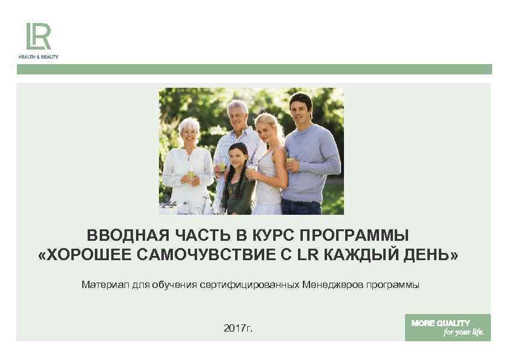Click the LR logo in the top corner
(37, 36)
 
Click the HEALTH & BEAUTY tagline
(37, 56)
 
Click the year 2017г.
(238, 328)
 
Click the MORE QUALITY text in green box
(440, 323)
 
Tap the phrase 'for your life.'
(464, 333)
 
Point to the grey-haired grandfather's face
(237, 115)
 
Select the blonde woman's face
(265, 128)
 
